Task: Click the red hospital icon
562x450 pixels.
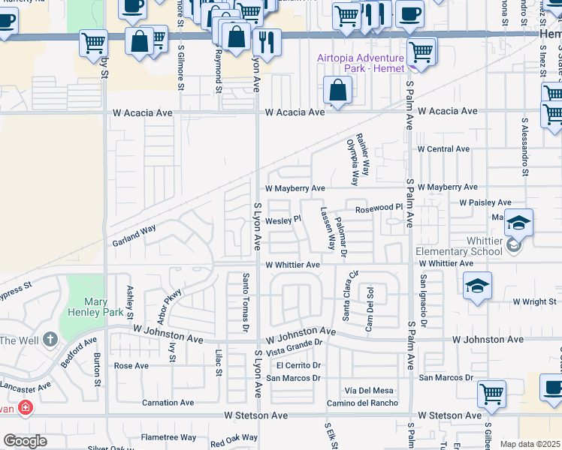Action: (25, 408)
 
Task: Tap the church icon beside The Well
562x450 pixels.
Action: (50, 340)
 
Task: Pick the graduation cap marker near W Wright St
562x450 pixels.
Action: (477, 287)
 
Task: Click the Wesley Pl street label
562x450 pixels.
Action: (283, 220)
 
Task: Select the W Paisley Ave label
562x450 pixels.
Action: (485, 202)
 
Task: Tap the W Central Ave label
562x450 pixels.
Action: (443, 149)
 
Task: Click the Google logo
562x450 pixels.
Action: (26, 441)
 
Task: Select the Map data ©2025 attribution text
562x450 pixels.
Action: (530, 444)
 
